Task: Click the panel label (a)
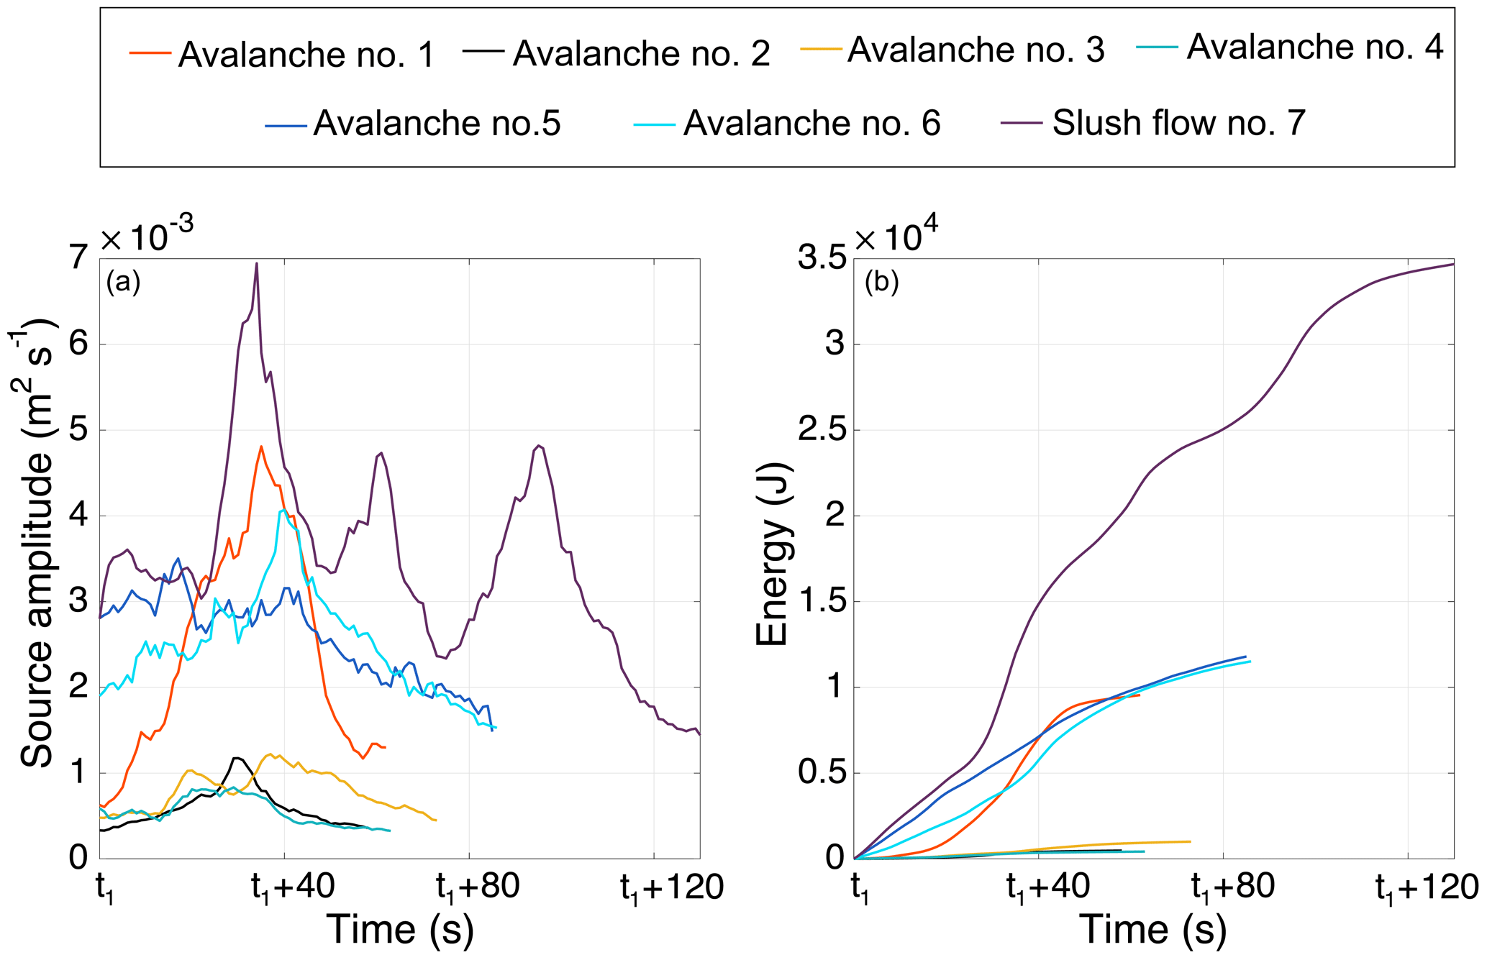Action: pos(123,282)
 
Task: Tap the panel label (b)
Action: pos(881,283)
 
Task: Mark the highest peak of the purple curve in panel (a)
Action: pos(257,263)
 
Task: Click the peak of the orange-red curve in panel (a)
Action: pos(261,446)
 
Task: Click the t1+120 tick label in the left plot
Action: pos(672,888)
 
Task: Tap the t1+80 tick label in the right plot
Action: pos(1233,888)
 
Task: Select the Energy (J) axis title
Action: pos(773,554)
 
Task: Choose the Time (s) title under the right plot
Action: pos(1152,930)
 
